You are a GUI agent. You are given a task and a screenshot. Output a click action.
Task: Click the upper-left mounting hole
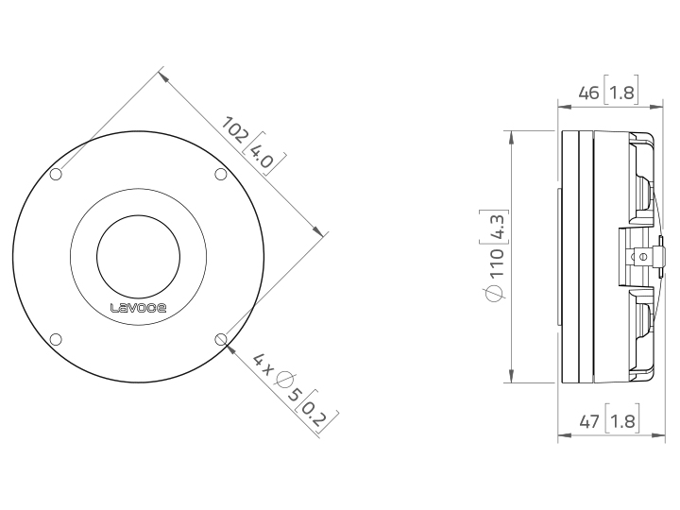click(56, 175)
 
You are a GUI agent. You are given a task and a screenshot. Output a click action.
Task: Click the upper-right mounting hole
click(221, 175)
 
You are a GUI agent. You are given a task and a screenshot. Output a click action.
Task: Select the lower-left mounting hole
click(56, 339)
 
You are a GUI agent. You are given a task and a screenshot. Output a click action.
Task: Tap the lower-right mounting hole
click(221, 339)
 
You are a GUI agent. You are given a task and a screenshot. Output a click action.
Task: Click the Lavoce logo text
click(138, 308)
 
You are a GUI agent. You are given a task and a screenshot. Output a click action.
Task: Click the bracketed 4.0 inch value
click(263, 154)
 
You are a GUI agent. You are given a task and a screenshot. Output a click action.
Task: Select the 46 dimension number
click(589, 93)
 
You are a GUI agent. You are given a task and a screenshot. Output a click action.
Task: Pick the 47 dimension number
click(589, 421)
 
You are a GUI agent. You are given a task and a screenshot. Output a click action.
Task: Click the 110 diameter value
click(495, 263)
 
